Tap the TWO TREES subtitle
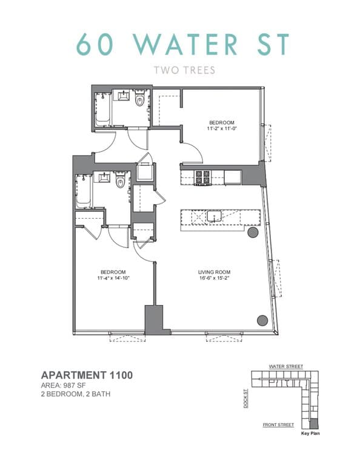[180, 70]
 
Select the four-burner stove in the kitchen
[202, 177]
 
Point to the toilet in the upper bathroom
[141, 101]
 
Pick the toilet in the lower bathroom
[120, 181]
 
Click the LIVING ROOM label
[214, 272]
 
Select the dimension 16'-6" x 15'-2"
[214, 279]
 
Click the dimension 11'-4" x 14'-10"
[113, 279]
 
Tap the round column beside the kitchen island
[253, 232]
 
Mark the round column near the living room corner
[262, 320]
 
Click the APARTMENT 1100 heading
[86, 375]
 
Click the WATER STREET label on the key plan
[286, 367]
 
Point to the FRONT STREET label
[278, 425]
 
